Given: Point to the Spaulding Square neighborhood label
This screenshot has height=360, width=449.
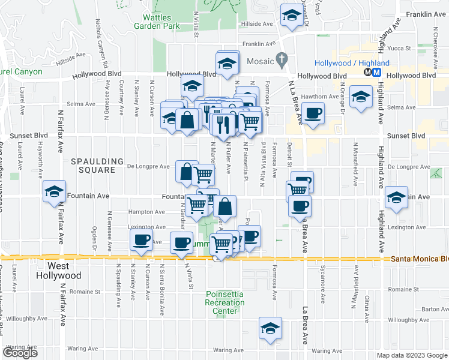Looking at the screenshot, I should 92,166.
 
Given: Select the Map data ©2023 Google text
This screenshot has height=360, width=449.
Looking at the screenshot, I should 412,355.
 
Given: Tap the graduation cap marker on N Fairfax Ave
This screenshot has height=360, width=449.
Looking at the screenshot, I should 55,191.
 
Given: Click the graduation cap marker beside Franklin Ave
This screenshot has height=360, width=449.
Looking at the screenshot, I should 292,16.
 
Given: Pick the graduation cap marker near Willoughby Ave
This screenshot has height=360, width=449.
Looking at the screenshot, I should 270,328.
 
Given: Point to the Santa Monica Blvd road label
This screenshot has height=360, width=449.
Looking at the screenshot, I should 420,259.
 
